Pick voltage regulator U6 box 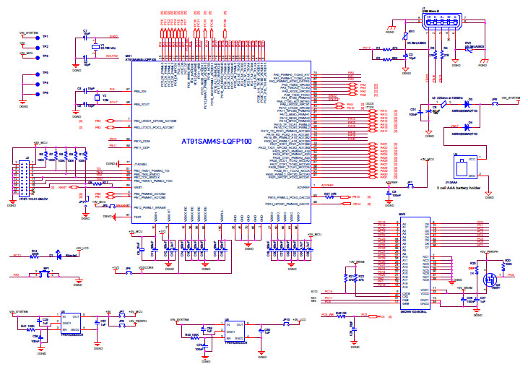click(235, 330)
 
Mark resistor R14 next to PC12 click(34, 255)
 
